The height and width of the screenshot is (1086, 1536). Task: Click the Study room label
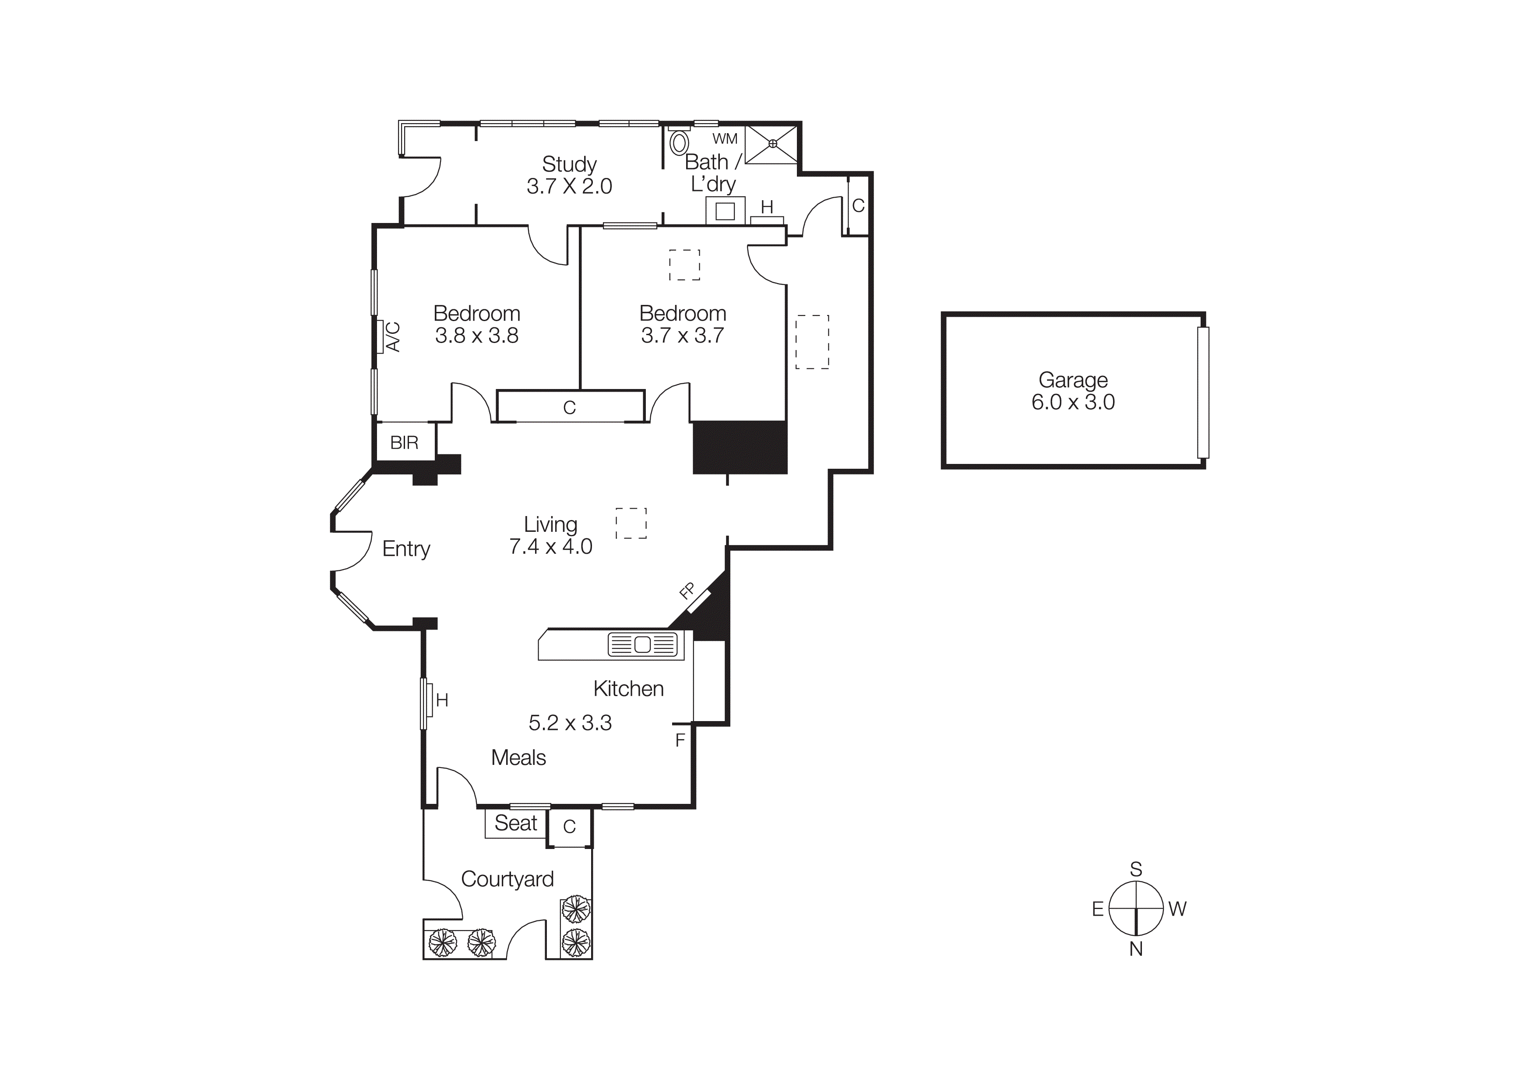(569, 164)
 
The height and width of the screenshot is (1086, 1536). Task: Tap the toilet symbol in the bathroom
(679, 142)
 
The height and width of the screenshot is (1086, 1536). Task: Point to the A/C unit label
(393, 336)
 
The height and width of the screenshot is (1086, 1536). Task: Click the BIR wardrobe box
(405, 442)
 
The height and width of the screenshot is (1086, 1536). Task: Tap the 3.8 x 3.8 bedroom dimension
(476, 335)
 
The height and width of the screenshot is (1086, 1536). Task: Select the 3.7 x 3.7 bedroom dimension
(682, 335)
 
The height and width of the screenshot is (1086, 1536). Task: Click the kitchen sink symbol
(642, 644)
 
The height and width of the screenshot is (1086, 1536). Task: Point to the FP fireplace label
(687, 590)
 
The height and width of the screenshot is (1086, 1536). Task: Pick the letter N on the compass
(1135, 949)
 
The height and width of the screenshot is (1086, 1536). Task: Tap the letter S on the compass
(1135, 869)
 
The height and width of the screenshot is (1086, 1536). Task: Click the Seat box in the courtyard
(515, 823)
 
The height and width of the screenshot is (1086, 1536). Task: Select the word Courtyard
(507, 879)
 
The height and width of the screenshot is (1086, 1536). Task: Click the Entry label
(406, 548)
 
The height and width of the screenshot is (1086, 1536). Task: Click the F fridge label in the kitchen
(680, 740)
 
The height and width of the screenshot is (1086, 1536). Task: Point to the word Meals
(518, 757)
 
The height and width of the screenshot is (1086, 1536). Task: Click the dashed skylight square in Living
(631, 523)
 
